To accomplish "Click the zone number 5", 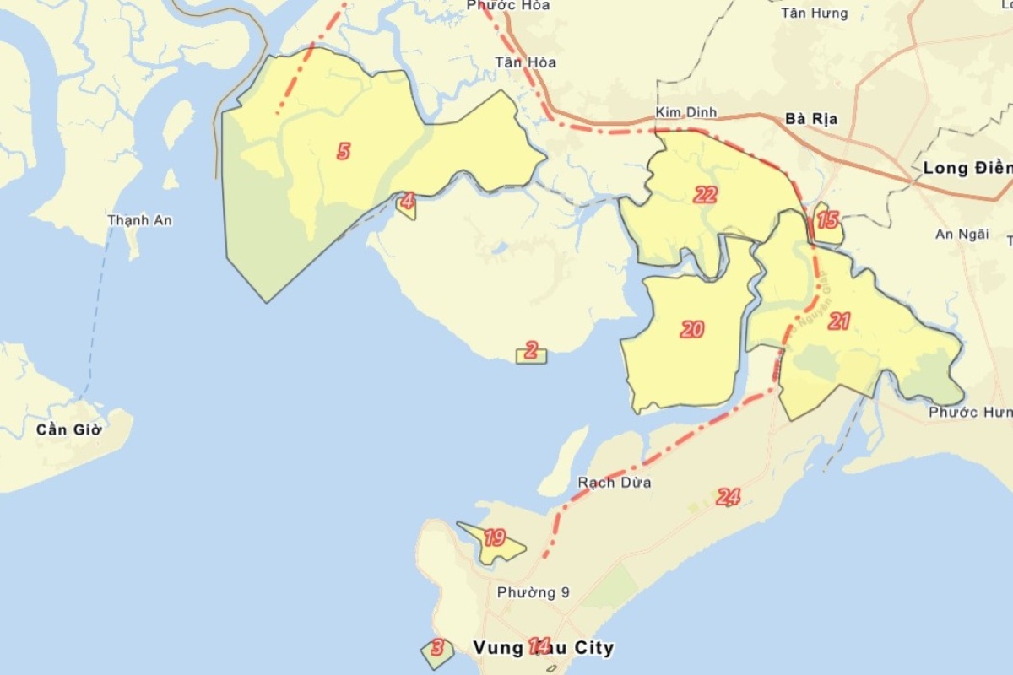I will [344, 152].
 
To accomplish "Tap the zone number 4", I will [408, 202].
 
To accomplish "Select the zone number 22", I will [705, 196].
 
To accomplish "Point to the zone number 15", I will [827, 221].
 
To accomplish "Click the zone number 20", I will [692, 330].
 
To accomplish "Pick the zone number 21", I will [838, 321].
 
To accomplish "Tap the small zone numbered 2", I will [531, 351].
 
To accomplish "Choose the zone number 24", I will [728, 498].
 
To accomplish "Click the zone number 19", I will [494, 538].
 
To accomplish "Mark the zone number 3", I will [436, 648].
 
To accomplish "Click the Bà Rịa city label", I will [810, 119].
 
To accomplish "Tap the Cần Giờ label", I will [69, 429].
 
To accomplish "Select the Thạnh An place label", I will [140, 220].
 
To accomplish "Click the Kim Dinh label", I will [686, 113].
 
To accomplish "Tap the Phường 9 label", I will [533, 592].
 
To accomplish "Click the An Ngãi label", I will [962, 235].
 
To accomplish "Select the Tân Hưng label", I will [814, 13].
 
